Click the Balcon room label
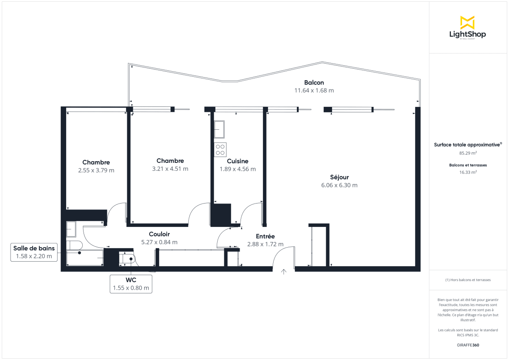click(x=314, y=83)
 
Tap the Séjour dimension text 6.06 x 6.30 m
click(x=339, y=185)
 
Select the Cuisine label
click(x=238, y=161)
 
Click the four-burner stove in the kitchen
click(x=220, y=150)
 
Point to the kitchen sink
click(x=219, y=129)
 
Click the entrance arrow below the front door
click(x=283, y=272)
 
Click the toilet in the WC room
click(x=128, y=258)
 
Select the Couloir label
click(x=159, y=234)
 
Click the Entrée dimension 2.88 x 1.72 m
click(x=265, y=244)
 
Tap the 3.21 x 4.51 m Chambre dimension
click(x=170, y=169)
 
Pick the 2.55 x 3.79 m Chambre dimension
click(x=96, y=170)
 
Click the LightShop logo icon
click(x=467, y=22)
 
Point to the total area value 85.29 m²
click(x=468, y=153)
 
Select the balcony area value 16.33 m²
click(x=468, y=172)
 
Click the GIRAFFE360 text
click(x=468, y=345)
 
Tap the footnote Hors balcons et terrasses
click(x=468, y=280)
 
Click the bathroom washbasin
click(x=71, y=229)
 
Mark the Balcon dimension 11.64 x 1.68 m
click(x=314, y=90)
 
